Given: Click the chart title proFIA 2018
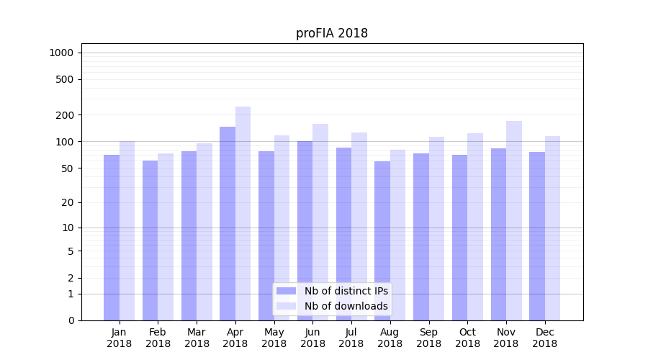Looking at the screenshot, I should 332,33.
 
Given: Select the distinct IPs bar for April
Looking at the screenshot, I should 228,223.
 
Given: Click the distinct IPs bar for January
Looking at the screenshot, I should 112,238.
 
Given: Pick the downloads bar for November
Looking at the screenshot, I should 514,220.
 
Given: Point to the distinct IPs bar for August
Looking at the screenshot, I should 382,240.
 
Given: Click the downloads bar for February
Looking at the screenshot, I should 166,237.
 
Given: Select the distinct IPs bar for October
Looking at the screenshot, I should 460,238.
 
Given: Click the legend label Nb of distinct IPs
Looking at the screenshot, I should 346,291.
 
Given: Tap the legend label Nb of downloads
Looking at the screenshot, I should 346,306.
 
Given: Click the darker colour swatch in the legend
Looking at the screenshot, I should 287,291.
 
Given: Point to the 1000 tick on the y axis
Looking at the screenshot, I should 61,53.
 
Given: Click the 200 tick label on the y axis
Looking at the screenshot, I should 65,115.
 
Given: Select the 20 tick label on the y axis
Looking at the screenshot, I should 68,202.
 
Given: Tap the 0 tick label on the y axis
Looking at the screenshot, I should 71,320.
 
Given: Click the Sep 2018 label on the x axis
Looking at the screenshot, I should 428,338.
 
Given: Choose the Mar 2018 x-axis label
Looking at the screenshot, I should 197,338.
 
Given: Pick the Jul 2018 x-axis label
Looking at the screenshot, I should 351,338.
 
